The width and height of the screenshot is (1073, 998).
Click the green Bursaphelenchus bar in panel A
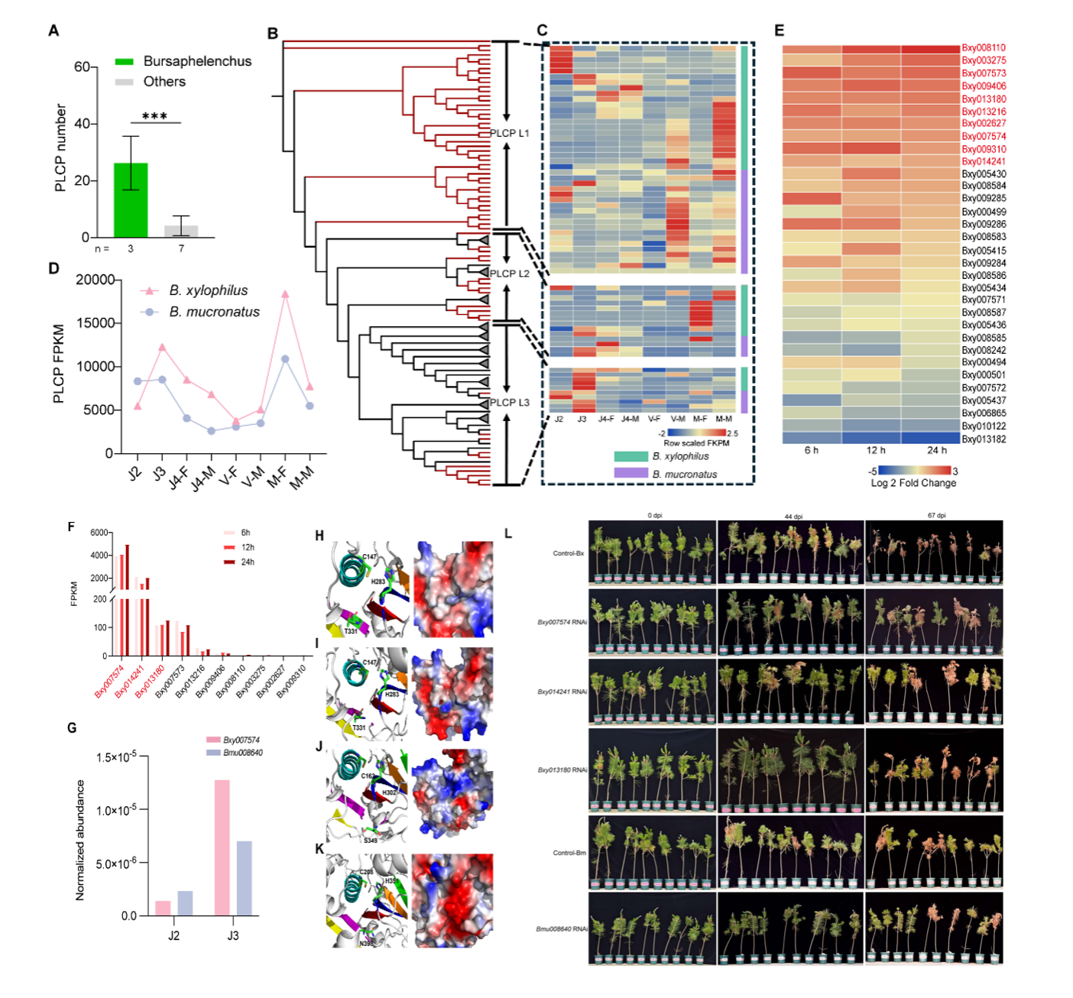[x=131, y=200]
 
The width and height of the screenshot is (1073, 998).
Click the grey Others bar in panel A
[x=181, y=231]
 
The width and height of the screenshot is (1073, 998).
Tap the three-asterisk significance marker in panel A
[x=154, y=116]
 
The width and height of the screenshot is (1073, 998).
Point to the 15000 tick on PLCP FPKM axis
[x=95, y=323]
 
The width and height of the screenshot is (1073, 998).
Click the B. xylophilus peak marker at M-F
[x=285, y=294]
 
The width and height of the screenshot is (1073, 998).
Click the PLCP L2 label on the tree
[x=509, y=274]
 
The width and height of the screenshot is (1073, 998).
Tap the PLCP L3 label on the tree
[x=509, y=403]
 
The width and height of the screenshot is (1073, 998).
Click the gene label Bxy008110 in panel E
[x=983, y=47]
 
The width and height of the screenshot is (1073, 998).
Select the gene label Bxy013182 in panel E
[x=983, y=439]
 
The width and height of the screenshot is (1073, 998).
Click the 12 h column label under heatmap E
[x=876, y=450]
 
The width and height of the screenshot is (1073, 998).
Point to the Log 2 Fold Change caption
[x=913, y=483]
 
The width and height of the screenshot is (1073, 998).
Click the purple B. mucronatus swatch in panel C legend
[x=631, y=474]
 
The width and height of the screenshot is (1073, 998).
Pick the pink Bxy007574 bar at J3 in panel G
[x=222, y=847]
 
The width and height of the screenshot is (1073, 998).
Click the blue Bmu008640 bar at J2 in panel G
[x=185, y=903]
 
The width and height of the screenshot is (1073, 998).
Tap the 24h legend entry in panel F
[x=246, y=562]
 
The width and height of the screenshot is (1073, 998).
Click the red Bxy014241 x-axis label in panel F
[x=129, y=682]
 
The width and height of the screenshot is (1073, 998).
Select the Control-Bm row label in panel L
[x=569, y=853]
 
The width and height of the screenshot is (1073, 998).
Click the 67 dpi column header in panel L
[x=936, y=516]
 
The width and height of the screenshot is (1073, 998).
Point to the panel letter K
[x=319, y=849]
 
